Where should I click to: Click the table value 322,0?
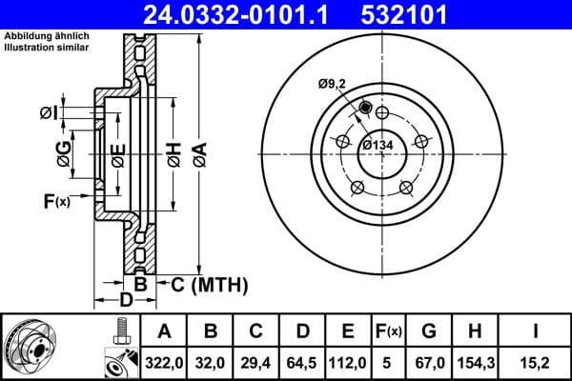[163, 362]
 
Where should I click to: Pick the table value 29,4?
[255, 362]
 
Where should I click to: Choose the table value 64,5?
[301, 362]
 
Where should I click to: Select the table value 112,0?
[347, 362]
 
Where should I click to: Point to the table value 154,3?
[475, 362]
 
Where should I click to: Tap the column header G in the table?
[429, 331]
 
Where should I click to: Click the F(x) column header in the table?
[388, 331]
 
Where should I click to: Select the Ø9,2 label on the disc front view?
[333, 85]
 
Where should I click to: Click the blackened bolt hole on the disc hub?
[365, 108]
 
